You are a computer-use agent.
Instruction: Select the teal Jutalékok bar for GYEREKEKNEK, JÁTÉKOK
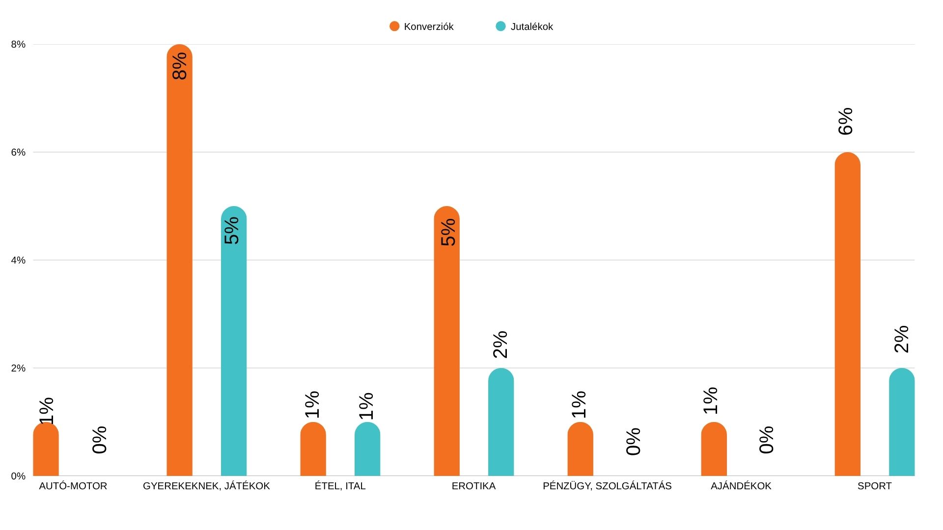[234, 353]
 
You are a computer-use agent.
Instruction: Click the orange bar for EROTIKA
[446, 353]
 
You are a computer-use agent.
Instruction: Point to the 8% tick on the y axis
[18, 45]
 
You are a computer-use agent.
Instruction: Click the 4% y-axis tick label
[18, 260]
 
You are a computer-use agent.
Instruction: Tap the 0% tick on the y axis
[18, 476]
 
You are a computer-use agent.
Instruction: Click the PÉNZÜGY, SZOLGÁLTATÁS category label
[607, 486]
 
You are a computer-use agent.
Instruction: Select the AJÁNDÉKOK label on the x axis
[741, 486]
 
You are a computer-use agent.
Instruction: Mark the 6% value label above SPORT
[846, 121]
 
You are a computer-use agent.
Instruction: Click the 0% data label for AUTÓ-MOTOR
[100, 440]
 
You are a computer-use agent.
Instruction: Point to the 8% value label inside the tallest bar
[180, 66]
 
